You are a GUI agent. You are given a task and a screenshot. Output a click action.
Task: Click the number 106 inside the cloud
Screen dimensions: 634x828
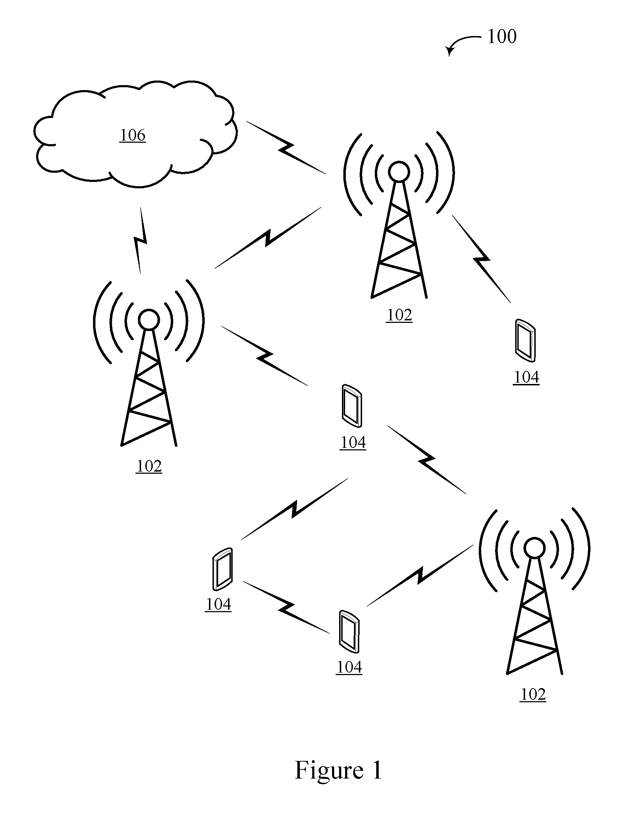(x=133, y=135)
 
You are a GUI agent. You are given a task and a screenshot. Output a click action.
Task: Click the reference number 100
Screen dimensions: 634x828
(x=502, y=37)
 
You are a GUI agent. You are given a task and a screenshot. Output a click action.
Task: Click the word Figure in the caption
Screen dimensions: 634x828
(x=329, y=771)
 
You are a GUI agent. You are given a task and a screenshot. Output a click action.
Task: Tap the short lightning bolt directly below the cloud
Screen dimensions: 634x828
(x=140, y=240)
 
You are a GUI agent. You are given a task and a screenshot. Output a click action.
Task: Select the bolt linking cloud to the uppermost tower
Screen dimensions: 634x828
(x=286, y=147)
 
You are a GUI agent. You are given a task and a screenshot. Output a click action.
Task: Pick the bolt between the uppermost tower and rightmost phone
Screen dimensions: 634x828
(x=482, y=259)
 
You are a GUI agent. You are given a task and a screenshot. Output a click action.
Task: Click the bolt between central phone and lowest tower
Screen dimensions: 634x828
(x=427, y=460)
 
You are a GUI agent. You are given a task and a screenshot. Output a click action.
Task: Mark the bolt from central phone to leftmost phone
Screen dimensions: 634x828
(x=294, y=509)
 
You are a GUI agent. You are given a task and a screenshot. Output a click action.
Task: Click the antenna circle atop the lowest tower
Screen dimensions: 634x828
(x=534, y=548)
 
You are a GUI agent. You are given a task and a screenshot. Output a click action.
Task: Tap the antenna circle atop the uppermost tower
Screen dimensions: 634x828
(x=399, y=172)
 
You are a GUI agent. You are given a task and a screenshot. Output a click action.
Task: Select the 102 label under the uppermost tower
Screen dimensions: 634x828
(x=399, y=315)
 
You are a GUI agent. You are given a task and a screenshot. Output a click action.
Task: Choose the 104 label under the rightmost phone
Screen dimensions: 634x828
(x=526, y=377)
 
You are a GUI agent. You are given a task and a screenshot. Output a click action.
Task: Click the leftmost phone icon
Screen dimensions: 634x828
(x=223, y=569)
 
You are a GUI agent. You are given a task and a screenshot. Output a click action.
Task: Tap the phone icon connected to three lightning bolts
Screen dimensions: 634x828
(x=352, y=406)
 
